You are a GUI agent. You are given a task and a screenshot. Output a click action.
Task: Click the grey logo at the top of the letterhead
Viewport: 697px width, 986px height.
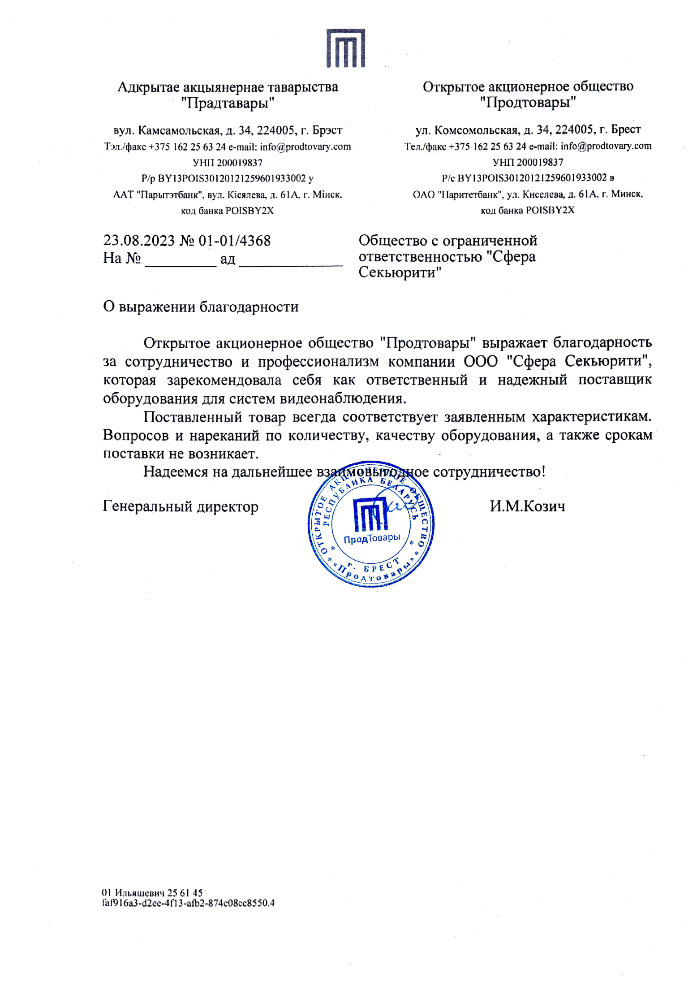tap(345, 48)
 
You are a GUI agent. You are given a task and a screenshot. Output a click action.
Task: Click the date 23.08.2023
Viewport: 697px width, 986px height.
tap(139, 241)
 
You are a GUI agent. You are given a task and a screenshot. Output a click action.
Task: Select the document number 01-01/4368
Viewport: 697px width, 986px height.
tap(235, 241)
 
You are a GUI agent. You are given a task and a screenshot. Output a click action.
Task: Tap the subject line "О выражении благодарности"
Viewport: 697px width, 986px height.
tap(201, 307)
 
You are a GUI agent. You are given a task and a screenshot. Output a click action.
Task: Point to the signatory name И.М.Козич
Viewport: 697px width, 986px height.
tap(527, 506)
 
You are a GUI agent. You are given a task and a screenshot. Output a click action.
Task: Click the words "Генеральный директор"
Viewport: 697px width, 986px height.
tap(181, 506)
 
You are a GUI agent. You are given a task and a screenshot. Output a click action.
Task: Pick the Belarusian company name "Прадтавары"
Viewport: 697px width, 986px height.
tap(228, 104)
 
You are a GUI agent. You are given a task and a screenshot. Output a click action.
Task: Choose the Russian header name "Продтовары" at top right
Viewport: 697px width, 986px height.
tap(528, 103)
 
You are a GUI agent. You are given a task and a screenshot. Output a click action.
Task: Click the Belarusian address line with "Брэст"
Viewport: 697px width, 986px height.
tap(228, 130)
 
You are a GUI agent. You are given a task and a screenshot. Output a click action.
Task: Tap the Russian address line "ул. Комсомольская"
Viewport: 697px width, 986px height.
tap(528, 130)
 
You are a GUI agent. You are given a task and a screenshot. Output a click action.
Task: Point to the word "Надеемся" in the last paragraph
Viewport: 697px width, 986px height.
tap(176, 472)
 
